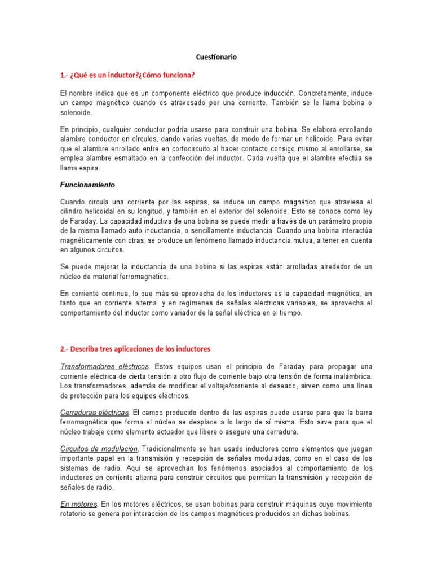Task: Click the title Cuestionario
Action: click(216, 57)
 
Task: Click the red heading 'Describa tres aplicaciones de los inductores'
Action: click(135, 349)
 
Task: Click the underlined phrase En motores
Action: click(78, 504)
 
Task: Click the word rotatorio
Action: click(76, 514)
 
